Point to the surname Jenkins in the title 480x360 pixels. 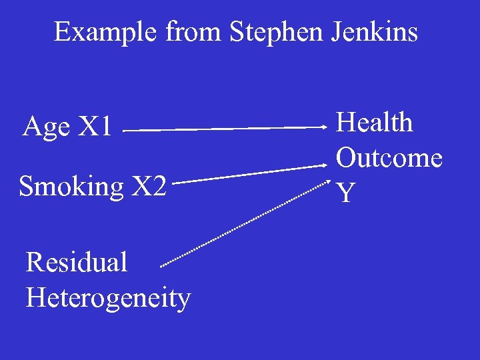click(x=375, y=31)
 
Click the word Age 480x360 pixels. click(x=46, y=127)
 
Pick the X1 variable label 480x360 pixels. click(x=96, y=126)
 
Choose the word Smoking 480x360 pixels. click(x=71, y=187)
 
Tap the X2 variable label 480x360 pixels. click(x=148, y=187)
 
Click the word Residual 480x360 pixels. click(x=76, y=262)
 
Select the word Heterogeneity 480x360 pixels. click(x=108, y=298)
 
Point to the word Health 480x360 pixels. click(x=374, y=123)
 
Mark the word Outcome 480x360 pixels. click(x=389, y=158)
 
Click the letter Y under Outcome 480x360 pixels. click(x=345, y=193)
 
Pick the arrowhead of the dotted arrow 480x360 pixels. click(x=327, y=182)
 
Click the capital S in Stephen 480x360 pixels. click(x=237, y=31)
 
